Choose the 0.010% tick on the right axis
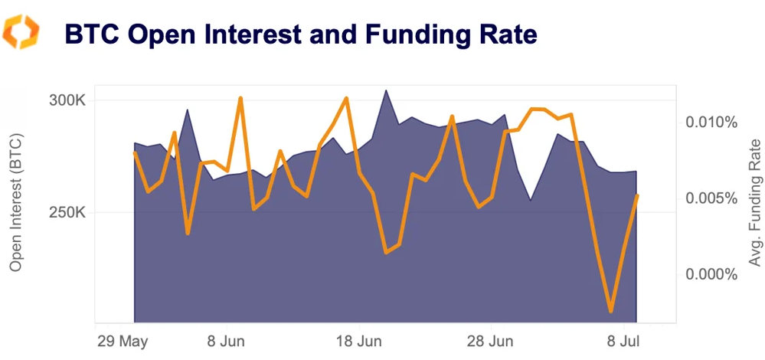coord(711,123)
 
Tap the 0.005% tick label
coord(711,198)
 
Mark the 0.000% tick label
coord(711,274)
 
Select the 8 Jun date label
coord(226,339)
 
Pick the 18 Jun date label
coord(359,339)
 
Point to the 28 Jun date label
coord(491,339)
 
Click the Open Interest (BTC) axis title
coord(16,202)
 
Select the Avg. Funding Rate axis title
coord(754,202)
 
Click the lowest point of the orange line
coord(611,311)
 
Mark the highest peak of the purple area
coord(386,90)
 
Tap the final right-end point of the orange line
coord(637,196)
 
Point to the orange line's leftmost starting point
coord(135,152)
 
